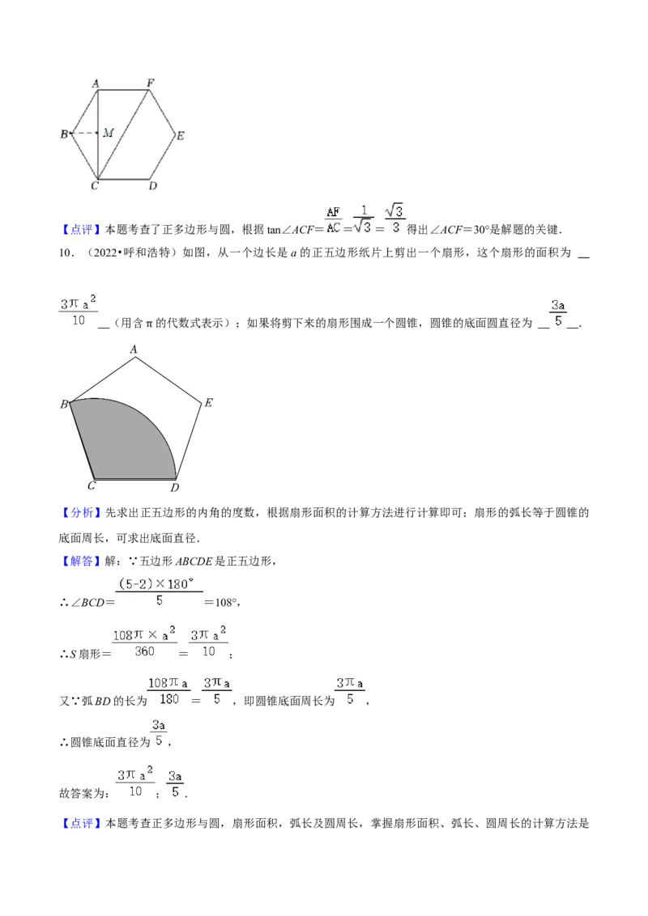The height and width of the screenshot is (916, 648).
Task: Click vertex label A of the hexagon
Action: pos(96,83)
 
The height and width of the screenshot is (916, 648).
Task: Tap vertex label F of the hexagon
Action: pos(151,83)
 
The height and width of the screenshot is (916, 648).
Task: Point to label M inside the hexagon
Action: pos(109,134)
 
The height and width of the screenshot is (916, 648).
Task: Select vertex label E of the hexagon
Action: pos(181,135)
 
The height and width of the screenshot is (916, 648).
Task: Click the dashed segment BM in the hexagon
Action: pos(83,134)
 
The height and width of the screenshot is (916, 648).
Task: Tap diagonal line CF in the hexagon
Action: pos(123,134)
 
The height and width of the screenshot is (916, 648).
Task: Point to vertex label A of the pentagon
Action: pos(134,350)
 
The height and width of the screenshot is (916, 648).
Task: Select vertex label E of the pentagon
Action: pos(208,402)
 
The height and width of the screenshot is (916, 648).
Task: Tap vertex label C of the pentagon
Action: pos(92,486)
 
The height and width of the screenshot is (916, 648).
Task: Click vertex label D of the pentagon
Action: pos(174,487)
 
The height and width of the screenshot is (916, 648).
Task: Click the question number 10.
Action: pos(66,253)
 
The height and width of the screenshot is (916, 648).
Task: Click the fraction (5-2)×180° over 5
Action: pos(157,592)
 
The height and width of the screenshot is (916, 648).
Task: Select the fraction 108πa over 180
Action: pos(168,691)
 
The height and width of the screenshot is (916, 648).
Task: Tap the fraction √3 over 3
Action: pos(394,218)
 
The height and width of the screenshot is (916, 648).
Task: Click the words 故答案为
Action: pos(83,793)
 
